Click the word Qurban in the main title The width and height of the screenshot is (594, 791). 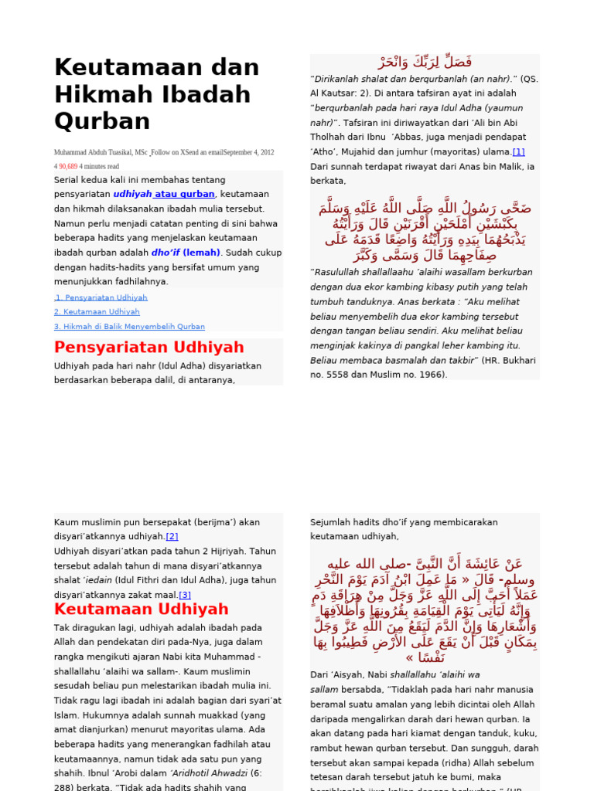tap(102, 122)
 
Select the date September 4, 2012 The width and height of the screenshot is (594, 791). tap(248, 153)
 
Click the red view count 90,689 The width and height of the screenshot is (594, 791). tap(68, 166)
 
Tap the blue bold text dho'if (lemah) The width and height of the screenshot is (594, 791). tap(186, 253)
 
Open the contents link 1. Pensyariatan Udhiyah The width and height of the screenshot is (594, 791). tap(101, 297)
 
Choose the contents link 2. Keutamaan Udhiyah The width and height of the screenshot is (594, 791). tap(97, 312)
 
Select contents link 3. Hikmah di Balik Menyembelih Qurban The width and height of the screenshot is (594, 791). tap(129, 327)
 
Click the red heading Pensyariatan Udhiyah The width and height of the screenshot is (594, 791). tap(149, 348)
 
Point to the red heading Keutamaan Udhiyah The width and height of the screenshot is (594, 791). tap(142, 609)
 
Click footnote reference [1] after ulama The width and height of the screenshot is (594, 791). tap(518, 152)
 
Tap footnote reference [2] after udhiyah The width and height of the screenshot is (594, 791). tap(172, 537)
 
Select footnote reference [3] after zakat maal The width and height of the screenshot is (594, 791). tap(185, 595)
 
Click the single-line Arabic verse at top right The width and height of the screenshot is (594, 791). tap(425, 63)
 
